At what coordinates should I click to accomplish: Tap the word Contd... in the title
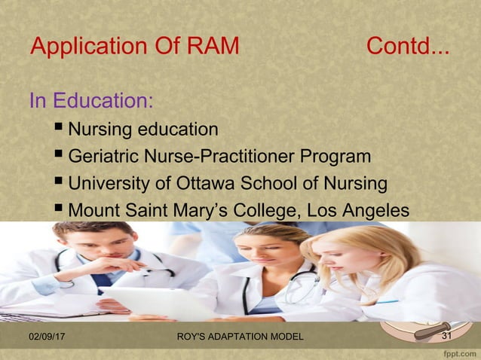pos(408,47)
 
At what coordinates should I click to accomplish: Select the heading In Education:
pos(91,100)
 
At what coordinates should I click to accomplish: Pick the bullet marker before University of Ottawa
pos(60,183)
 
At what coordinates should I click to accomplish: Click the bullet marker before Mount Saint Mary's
pos(60,210)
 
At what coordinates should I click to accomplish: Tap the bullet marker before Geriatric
pos(60,156)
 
